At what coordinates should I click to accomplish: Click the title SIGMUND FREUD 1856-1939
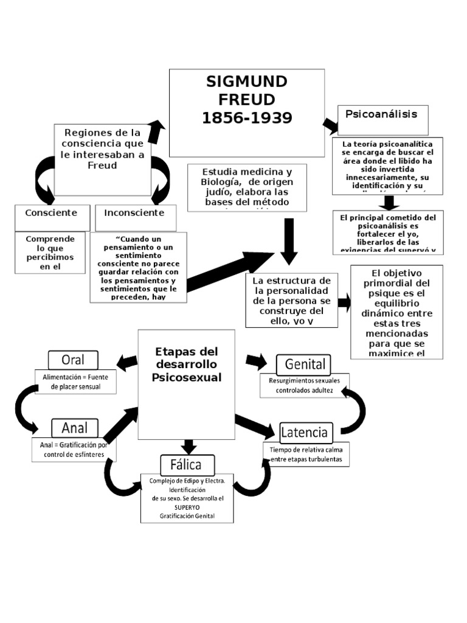coord(247,100)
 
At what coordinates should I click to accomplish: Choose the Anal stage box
coord(74,428)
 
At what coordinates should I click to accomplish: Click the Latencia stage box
coord(306,433)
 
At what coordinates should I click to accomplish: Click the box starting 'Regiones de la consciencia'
coord(102,148)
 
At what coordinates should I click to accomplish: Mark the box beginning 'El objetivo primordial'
coord(396,311)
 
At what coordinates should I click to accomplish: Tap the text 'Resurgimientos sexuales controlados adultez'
coord(305,386)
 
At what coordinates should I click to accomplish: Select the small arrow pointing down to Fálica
coord(189,446)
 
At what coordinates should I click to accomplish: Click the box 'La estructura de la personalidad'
coord(291,300)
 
